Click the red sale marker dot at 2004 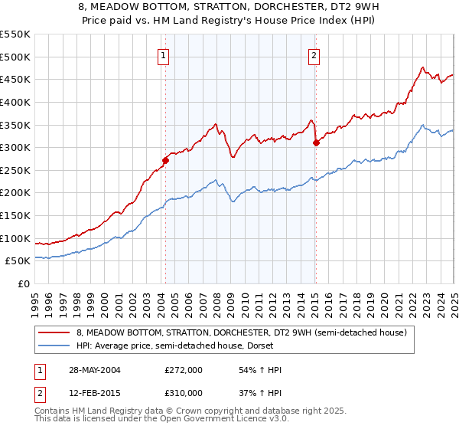point(165,160)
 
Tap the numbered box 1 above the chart point(164,55)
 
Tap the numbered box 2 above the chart point(314,55)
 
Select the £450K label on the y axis point(15,79)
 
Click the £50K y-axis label point(18,261)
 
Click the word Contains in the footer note point(53,411)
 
